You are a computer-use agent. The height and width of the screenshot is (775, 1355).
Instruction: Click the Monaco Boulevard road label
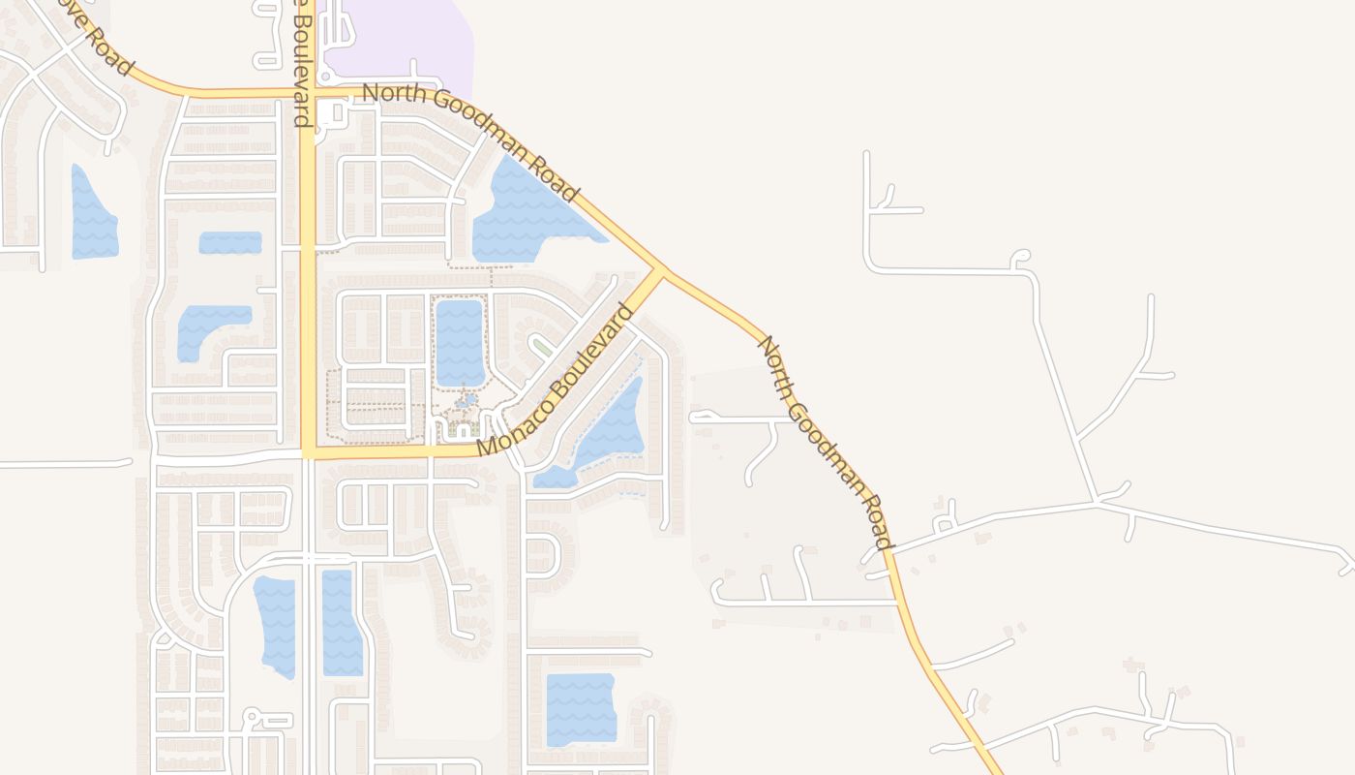pos(556,380)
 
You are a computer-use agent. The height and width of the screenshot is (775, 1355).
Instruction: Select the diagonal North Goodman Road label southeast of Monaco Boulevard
pos(825,442)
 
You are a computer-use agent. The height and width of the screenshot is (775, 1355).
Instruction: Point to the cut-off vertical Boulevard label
pos(302,64)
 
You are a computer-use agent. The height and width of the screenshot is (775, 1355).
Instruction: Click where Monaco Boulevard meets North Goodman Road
pos(663,270)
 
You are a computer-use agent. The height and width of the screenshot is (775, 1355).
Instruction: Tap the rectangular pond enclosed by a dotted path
pos(459,341)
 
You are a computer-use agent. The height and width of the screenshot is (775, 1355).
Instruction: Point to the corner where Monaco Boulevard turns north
pos(308,452)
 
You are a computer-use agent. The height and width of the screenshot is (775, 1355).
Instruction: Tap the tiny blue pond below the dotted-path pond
pos(467,399)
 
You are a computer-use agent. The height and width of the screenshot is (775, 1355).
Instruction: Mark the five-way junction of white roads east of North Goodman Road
pos(1098,502)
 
